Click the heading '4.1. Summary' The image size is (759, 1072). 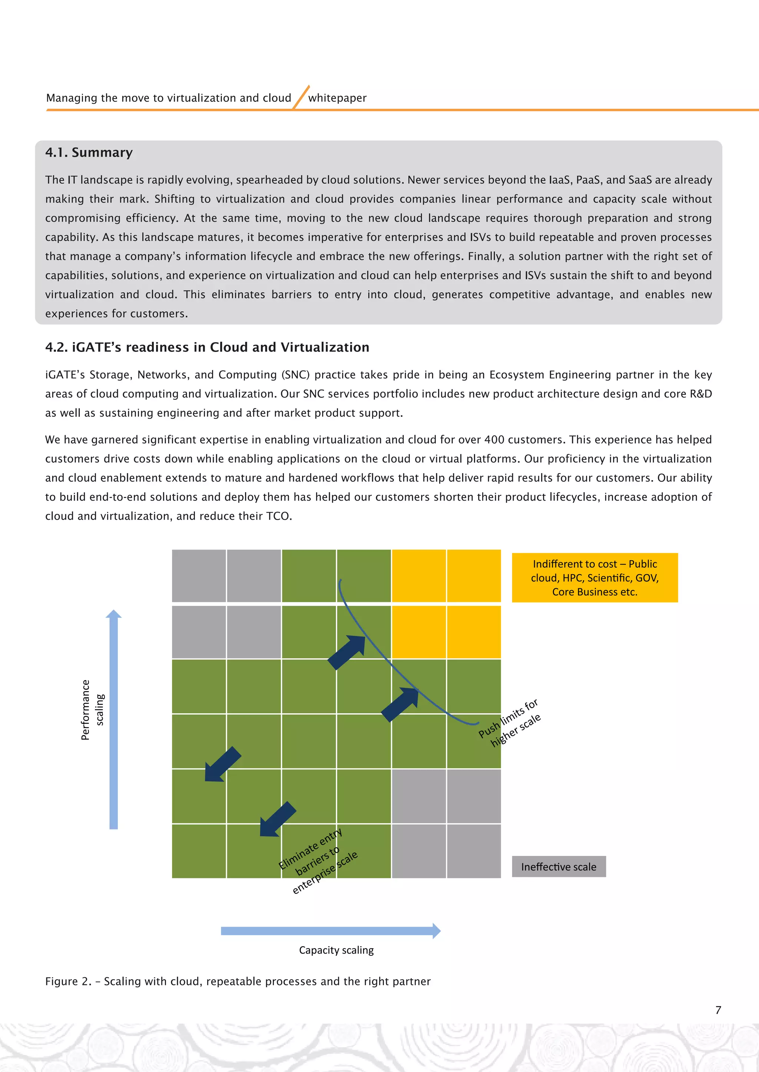(x=89, y=153)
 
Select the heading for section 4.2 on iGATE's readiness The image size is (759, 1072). (x=207, y=347)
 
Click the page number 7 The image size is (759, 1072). (x=718, y=1010)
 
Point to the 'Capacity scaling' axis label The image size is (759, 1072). (x=336, y=950)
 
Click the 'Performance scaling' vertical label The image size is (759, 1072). (x=92, y=710)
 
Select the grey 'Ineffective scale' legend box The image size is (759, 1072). (x=559, y=867)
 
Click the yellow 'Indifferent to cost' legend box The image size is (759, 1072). (x=594, y=577)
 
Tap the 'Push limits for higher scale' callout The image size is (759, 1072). (x=510, y=723)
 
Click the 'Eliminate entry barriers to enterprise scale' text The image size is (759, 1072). (x=318, y=861)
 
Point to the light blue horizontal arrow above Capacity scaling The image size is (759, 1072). (x=330, y=931)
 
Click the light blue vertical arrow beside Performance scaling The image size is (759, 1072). (x=113, y=719)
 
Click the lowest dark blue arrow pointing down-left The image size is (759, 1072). (x=277, y=820)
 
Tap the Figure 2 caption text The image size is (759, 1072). (x=238, y=981)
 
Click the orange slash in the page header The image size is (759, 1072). (x=301, y=97)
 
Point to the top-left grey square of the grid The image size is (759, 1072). (x=199, y=576)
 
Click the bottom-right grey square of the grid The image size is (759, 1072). (x=473, y=851)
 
